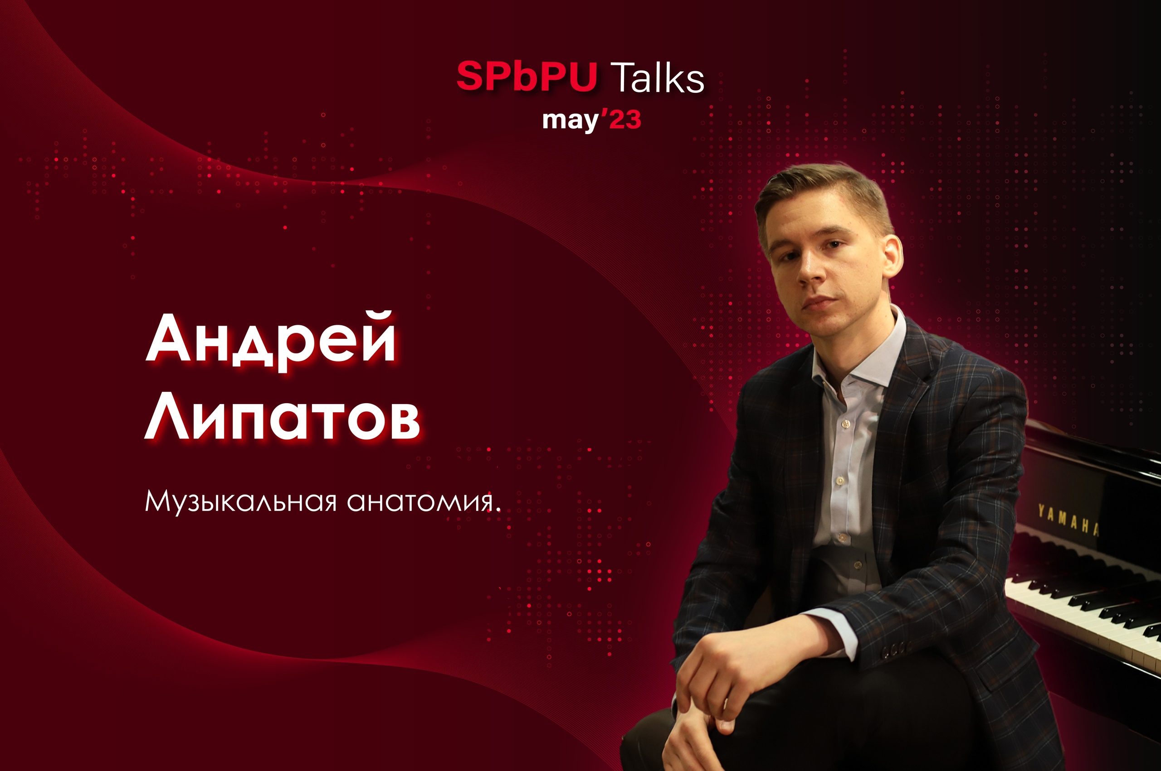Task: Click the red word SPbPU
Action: (526, 77)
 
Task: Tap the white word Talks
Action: (657, 77)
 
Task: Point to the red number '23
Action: (622, 119)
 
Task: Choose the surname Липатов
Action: (283, 415)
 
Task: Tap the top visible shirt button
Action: (845, 423)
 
